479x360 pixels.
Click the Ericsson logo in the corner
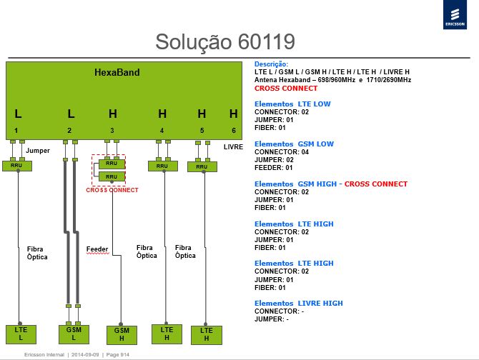point(455,15)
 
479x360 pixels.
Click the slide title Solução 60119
point(225,42)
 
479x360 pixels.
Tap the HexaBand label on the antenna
point(117,72)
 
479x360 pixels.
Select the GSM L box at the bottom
point(74,334)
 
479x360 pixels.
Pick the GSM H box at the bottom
point(122,335)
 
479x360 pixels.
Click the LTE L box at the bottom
point(21,334)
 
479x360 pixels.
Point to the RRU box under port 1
point(17,166)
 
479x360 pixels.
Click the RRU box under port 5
point(202,167)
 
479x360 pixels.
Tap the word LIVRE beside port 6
point(233,147)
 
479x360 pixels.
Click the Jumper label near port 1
point(38,151)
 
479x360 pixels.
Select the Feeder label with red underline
point(97,249)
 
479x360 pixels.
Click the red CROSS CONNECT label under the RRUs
point(112,190)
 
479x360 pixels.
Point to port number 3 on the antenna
point(112,131)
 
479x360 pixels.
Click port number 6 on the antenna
point(234,131)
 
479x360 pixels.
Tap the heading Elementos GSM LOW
point(294,144)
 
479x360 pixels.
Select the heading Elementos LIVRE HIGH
point(298,304)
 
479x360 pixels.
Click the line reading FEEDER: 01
point(273,168)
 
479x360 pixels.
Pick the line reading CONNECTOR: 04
point(282,152)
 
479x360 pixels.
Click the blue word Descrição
point(271,64)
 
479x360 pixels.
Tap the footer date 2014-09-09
point(85,355)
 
